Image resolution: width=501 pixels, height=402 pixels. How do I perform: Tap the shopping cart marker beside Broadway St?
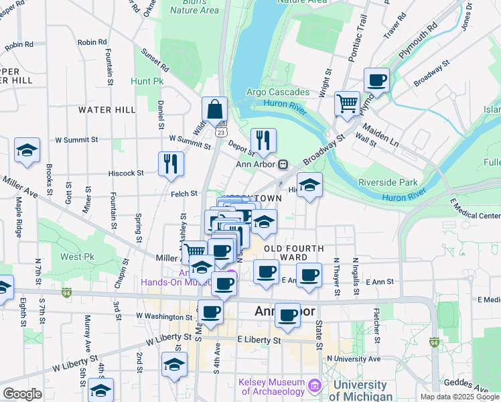click(x=347, y=104)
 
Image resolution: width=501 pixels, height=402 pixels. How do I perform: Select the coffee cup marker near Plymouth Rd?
click(x=376, y=81)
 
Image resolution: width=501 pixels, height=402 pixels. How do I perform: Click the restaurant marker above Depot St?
click(x=263, y=141)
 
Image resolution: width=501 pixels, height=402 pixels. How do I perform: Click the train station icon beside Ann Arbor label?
click(x=283, y=164)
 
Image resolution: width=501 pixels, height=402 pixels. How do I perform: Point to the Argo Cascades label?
click(x=277, y=92)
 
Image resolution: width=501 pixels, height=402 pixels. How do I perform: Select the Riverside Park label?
click(x=388, y=182)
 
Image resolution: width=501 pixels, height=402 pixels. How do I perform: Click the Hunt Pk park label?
click(x=147, y=81)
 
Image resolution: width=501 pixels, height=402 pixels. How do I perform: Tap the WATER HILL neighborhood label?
click(x=106, y=109)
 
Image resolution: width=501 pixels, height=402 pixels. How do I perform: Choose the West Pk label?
click(x=77, y=257)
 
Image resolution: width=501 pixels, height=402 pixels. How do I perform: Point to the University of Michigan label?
click(x=360, y=390)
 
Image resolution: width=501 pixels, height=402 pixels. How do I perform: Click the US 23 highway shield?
click(x=220, y=132)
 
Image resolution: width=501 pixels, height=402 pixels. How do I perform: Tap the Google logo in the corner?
click(x=22, y=394)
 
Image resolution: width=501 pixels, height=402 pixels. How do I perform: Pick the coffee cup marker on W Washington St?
click(x=210, y=312)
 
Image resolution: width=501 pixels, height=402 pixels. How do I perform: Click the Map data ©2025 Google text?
click(x=459, y=397)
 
